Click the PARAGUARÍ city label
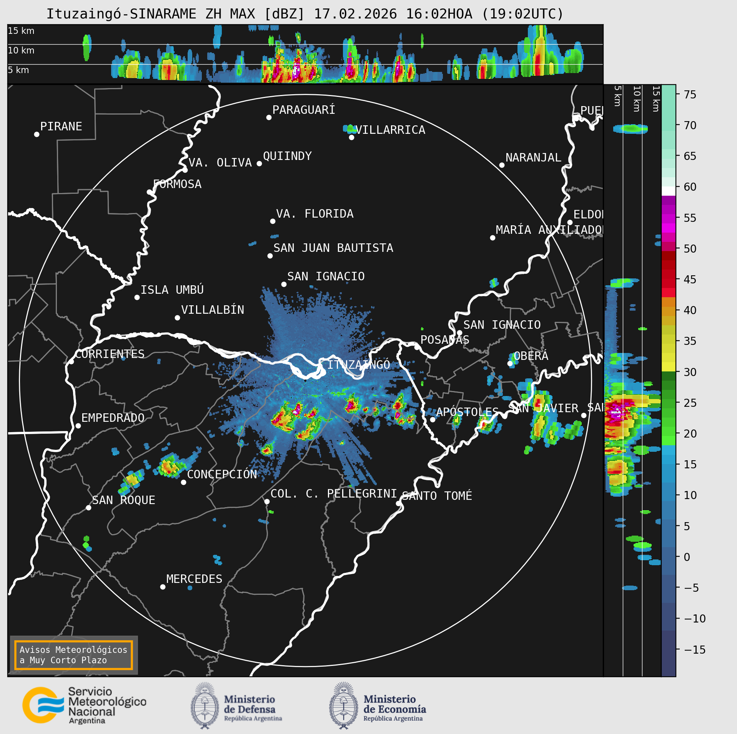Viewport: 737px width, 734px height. point(303,110)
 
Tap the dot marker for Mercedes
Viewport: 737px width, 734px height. point(163,587)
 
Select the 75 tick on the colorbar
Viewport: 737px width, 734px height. point(690,95)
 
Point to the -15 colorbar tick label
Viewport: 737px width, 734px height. point(695,650)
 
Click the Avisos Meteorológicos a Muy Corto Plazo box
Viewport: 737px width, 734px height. point(73,655)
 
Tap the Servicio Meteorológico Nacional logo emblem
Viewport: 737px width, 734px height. point(43,705)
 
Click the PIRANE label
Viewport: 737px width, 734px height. point(61,126)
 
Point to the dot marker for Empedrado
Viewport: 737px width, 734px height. point(78,426)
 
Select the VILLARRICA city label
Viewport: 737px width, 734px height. point(391,130)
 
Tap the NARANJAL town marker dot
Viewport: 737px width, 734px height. point(502,165)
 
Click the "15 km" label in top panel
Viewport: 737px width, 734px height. point(21,31)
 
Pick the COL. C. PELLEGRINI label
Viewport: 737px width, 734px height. point(333,494)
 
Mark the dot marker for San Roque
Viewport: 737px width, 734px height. point(88,508)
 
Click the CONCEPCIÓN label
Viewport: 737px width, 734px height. point(222,474)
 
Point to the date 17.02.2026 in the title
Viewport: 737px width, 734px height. point(355,14)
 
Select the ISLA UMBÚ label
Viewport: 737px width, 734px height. point(172,290)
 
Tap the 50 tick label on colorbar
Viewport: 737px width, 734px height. point(690,249)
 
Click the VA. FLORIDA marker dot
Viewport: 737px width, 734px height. point(273,221)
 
